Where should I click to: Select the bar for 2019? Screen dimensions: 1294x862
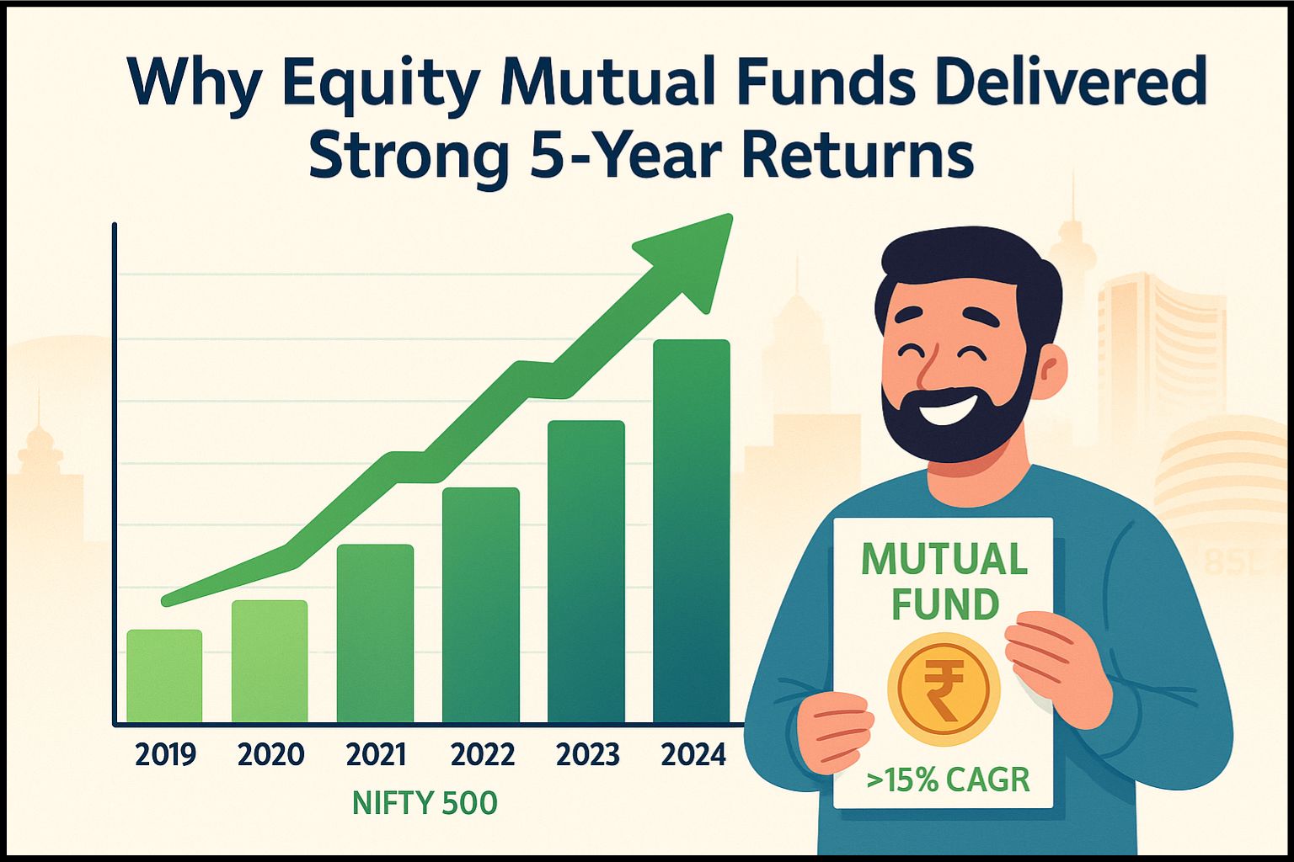click(x=164, y=675)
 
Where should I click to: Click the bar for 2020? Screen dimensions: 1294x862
click(x=270, y=661)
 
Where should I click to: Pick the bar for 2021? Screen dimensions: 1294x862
click(x=376, y=633)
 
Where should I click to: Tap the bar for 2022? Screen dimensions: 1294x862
click(x=481, y=604)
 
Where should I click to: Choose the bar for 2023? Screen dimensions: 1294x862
click(x=586, y=571)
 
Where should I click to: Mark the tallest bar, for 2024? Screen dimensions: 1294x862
click(x=692, y=530)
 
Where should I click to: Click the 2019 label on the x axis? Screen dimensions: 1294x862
click(x=165, y=754)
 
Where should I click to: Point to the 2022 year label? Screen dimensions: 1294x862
click(x=483, y=754)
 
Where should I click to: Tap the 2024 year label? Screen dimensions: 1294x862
click(x=693, y=754)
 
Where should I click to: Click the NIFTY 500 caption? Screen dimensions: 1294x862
click(x=425, y=803)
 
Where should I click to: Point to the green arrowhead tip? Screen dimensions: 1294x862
click(x=732, y=215)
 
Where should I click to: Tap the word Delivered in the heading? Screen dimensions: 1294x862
click(x=1085, y=80)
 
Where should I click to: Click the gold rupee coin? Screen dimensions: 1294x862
click(x=944, y=689)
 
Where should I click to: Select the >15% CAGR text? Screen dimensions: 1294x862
click(x=948, y=780)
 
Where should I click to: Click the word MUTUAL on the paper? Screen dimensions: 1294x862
click(x=944, y=559)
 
